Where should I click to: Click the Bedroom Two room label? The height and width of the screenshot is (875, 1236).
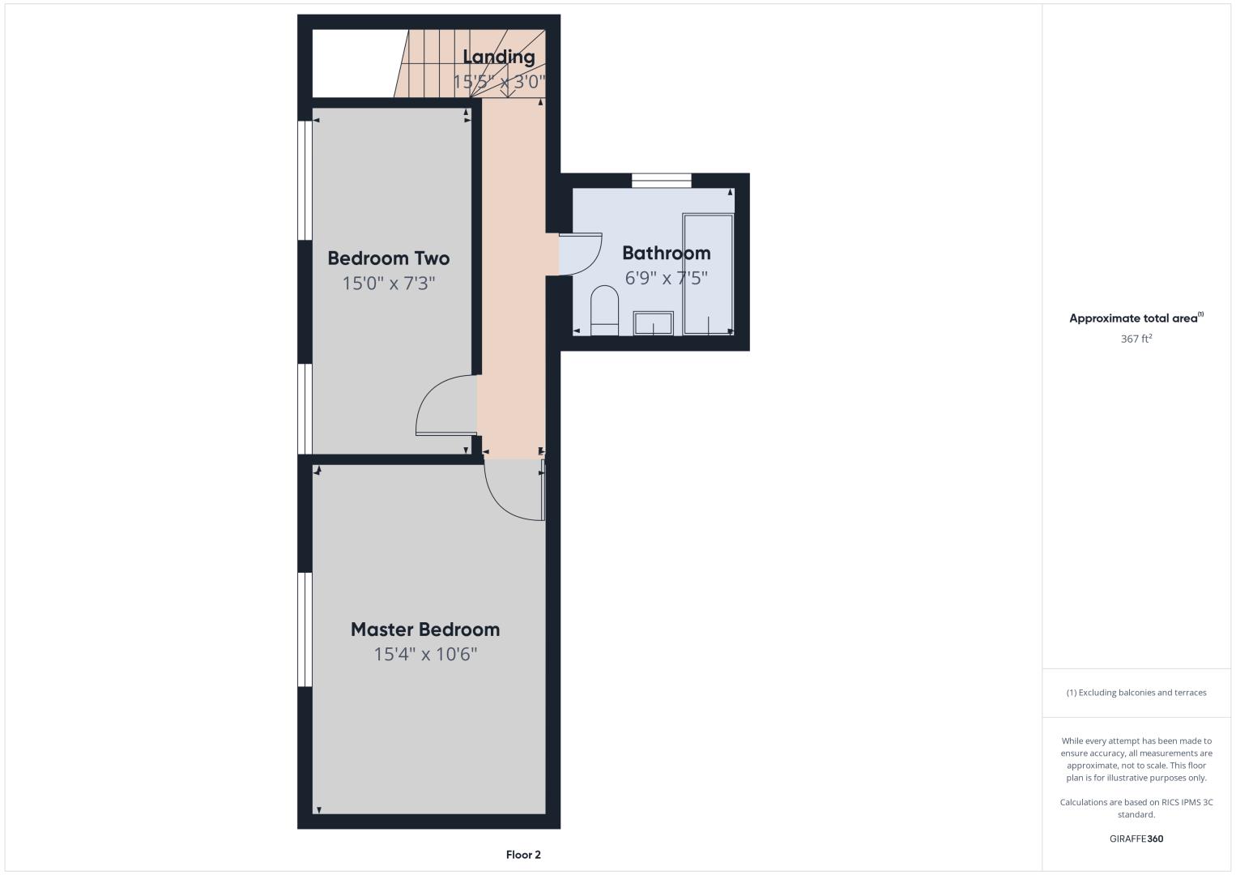click(389, 258)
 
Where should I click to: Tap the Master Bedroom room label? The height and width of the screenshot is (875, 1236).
click(425, 630)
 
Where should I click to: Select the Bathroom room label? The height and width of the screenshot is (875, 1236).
click(666, 253)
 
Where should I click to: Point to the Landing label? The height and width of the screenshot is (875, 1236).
click(498, 57)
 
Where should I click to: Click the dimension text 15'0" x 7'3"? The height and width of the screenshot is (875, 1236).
click(389, 284)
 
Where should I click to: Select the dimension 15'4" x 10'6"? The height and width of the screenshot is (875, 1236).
click(425, 654)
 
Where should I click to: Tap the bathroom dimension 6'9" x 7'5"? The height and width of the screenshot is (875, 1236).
click(666, 278)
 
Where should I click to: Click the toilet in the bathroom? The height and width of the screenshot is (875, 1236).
click(604, 310)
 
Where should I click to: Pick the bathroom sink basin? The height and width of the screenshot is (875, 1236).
click(654, 323)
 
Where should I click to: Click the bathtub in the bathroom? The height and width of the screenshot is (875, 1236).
click(708, 275)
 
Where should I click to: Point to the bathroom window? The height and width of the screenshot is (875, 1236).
click(661, 181)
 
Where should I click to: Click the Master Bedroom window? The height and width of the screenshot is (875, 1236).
click(305, 630)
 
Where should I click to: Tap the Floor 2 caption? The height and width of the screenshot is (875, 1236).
click(523, 855)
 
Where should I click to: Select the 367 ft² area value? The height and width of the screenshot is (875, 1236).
click(1136, 339)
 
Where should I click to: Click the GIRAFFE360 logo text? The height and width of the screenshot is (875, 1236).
click(1136, 839)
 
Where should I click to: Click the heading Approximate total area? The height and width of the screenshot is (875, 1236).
click(1133, 318)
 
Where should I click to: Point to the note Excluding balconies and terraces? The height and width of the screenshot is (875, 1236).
click(1136, 692)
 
